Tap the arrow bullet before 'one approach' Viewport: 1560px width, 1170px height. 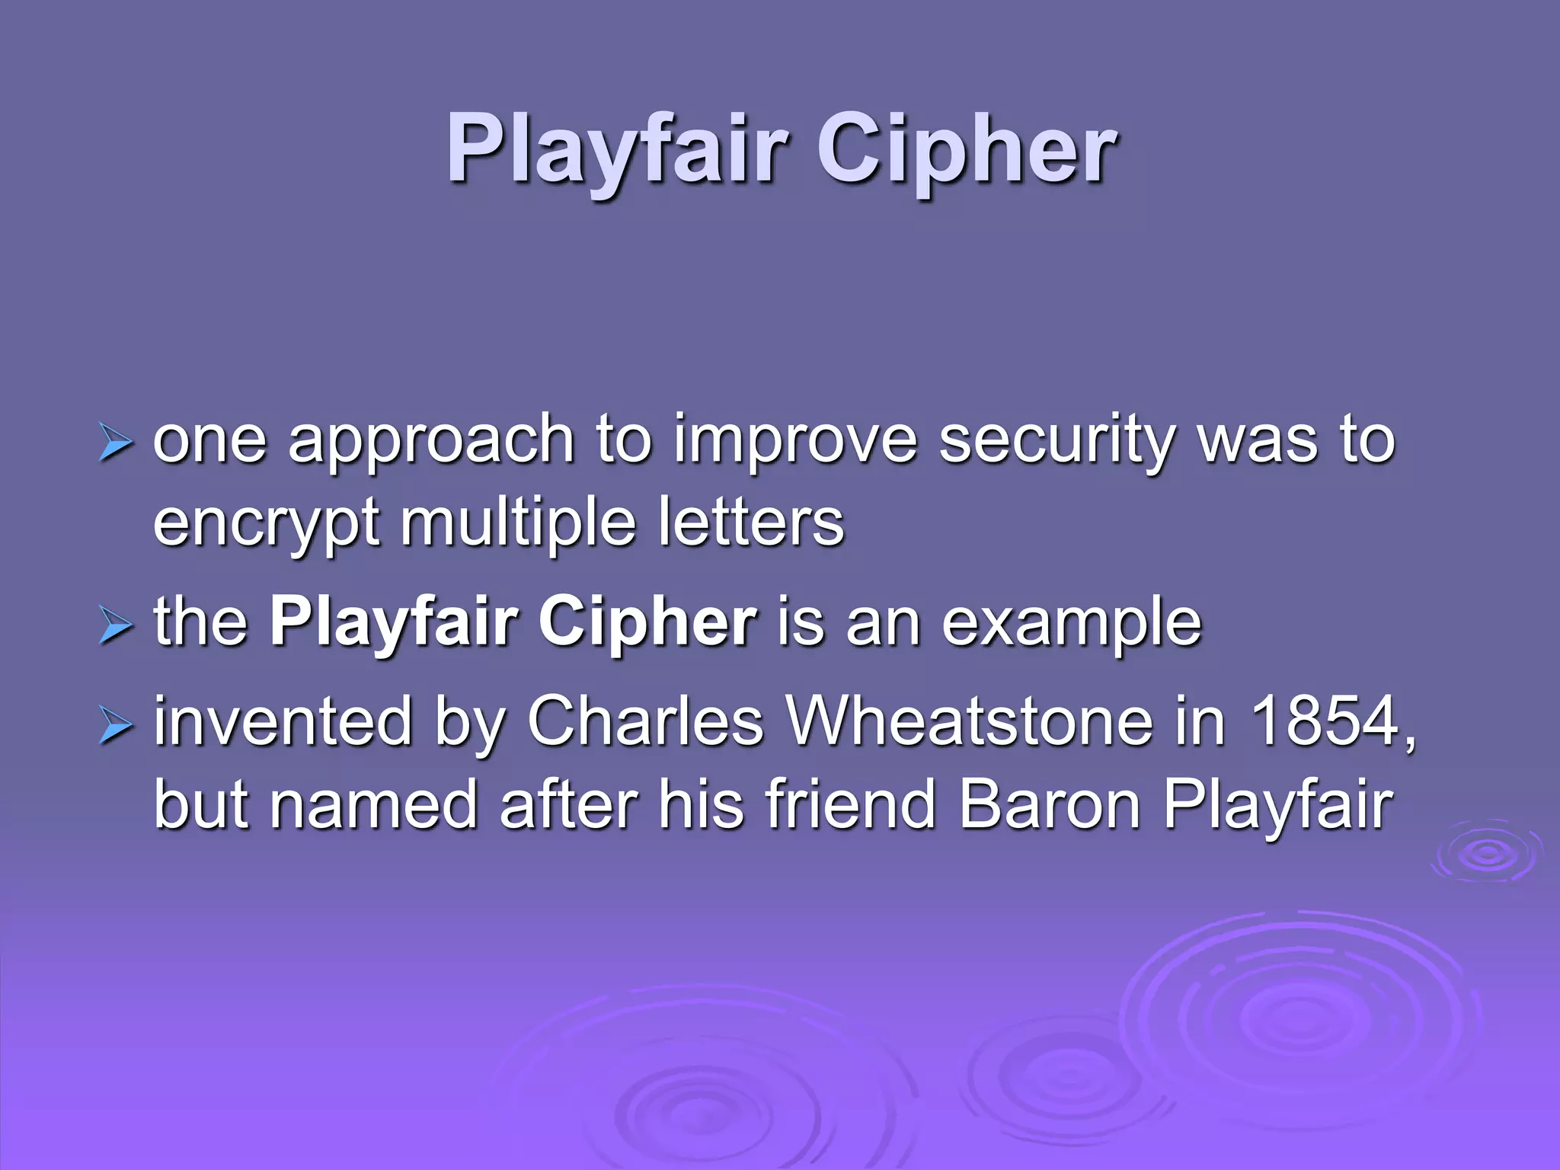pos(116,443)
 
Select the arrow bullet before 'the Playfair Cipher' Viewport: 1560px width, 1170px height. pos(116,626)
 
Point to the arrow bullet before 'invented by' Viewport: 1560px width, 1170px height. pos(116,725)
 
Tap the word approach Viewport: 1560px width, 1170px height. pos(430,442)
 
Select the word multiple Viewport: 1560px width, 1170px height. pos(518,524)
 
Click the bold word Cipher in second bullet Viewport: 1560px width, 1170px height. pos(647,623)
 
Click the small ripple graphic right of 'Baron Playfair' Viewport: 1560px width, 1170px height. pos(1486,853)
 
